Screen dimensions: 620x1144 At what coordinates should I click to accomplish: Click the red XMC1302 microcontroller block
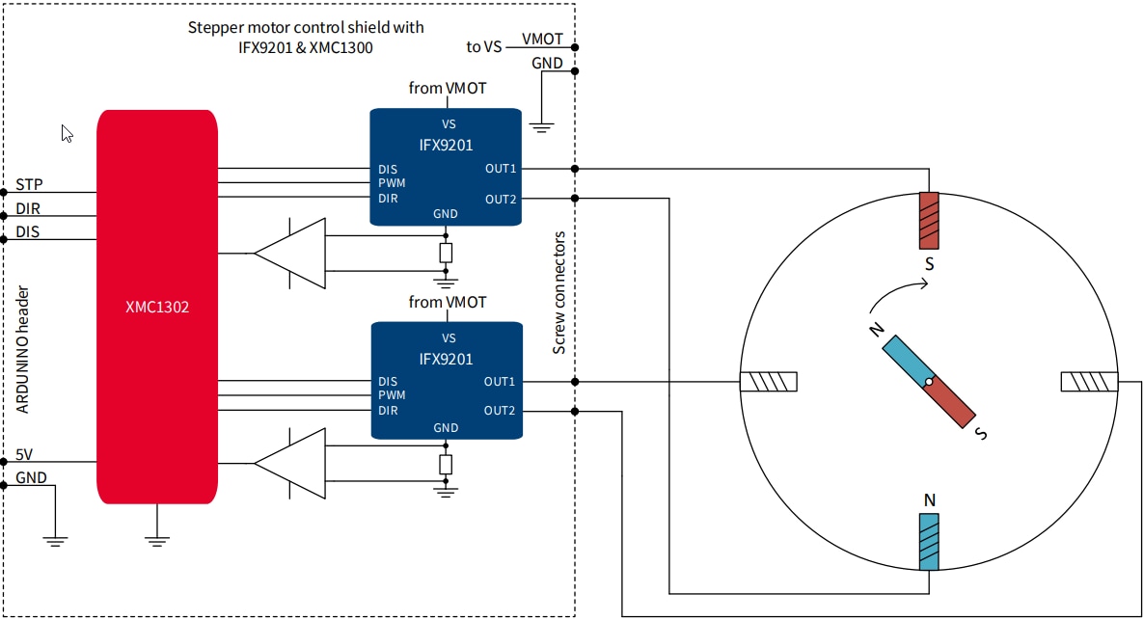pos(156,307)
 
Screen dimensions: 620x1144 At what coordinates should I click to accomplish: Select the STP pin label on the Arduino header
pos(29,184)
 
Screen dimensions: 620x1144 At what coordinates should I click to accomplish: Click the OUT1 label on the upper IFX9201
pos(501,169)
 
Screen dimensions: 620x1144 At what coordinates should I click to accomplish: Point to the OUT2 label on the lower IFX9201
pos(500,411)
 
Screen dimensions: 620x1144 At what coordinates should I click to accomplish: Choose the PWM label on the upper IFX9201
pos(392,183)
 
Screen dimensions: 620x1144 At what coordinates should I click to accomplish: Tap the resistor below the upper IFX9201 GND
pos(446,254)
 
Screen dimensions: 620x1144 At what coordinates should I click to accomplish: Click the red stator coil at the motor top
pos(928,220)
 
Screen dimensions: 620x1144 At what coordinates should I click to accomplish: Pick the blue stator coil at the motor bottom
pos(928,542)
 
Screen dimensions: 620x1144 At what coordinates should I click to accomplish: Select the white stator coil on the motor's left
pos(769,383)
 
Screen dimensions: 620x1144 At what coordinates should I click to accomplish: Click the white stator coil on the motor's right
pos(1090,383)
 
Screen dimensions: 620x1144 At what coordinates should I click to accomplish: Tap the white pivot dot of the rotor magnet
pos(928,383)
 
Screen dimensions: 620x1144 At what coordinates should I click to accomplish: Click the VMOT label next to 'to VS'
pos(542,40)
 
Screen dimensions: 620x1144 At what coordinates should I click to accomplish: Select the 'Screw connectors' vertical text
pos(558,292)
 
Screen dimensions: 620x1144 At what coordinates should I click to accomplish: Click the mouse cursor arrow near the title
pos(67,133)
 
